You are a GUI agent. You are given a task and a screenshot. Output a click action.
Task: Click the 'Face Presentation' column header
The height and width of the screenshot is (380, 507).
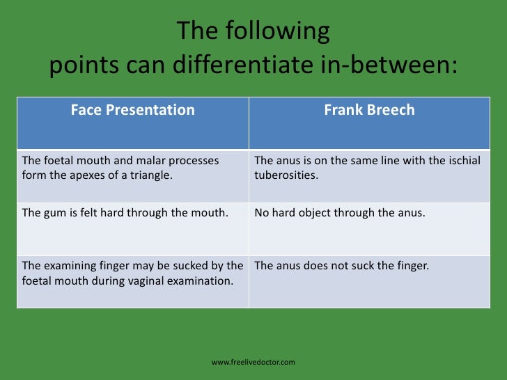tap(132, 110)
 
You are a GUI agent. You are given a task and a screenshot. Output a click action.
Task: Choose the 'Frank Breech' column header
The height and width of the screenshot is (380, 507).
tap(369, 110)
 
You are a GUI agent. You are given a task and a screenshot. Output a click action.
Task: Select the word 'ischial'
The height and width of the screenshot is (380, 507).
tap(465, 161)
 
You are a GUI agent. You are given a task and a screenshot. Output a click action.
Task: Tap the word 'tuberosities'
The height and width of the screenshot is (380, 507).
tap(286, 175)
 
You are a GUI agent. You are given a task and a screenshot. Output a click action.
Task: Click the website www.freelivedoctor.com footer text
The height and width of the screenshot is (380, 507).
tap(253, 363)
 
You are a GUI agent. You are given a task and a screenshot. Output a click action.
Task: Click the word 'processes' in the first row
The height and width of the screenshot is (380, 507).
tap(194, 161)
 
